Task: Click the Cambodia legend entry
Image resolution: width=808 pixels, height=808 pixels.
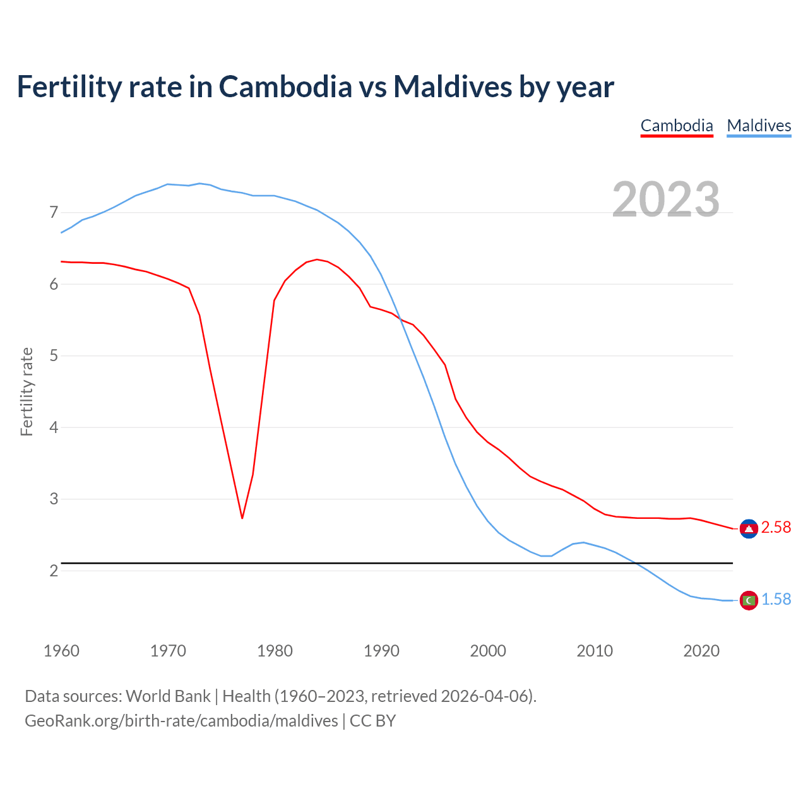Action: pyautogui.click(x=677, y=126)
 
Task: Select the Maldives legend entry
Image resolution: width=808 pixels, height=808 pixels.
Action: pyautogui.click(x=759, y=126)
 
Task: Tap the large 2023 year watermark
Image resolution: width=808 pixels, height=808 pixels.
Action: pyautogui.click(x=666, y=199)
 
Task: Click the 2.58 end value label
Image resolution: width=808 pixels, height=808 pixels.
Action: pyautogui.click(x=776, y=527)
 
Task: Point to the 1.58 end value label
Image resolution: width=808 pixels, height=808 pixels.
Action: pyautogui.click(x=776, y=599)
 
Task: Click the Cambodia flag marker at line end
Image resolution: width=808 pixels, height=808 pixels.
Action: pyautogui.click(x=749, y=529)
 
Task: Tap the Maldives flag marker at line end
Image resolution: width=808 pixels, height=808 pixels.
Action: pyautogui.click(x=749, y=600)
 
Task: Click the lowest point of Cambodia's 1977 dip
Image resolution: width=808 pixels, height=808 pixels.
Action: pyautogui.click(x=242, y=518)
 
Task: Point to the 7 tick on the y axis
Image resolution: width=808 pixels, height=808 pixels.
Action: pyautogui.click(x=54, y=213)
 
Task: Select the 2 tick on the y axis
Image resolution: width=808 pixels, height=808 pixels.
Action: pyautogui.click(x=54, y=571)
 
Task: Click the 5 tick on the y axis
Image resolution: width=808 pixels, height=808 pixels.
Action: pyautogui.click(x=54, y=356)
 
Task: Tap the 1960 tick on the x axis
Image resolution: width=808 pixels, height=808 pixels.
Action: pyautogui.click(x=61, y=651)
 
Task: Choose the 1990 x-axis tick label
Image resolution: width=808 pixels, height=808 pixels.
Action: pyautogui.click(x=381, y=651)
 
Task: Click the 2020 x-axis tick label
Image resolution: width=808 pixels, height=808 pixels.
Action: pyautogui.click(x=701, y=651)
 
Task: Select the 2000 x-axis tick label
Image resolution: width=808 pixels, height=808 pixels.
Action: pyautogui.click(x=488, y=651)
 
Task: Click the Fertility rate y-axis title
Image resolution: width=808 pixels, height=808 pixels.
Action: pyautogui.click(x=27, y=391)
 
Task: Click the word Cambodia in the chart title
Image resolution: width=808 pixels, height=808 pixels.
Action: pyautogui.click(x=285, y=86)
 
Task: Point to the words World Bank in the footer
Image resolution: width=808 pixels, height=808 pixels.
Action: pyautogui.click(x=168, y=696)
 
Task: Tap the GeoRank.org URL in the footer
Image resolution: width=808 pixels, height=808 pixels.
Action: pyautogui.click(x=181, y=720)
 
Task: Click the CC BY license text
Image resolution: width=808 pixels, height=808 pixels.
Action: pyautogui.click(x=372, y=720)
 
